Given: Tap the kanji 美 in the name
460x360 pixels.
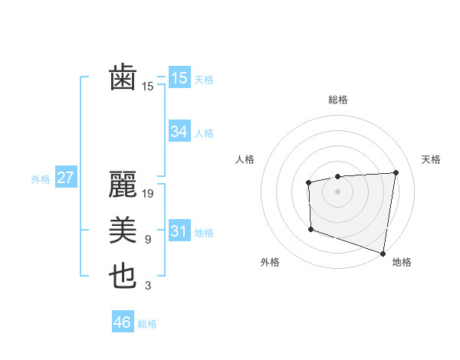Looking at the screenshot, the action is [x=123, y=231].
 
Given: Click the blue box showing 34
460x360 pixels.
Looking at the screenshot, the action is [x=179, y=132].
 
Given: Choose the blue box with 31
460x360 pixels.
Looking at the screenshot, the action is [x=179, y=231].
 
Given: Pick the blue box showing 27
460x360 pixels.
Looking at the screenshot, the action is [x=65, y=178].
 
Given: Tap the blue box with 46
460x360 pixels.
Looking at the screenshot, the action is [x=122, y=322].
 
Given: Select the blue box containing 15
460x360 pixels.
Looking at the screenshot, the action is [x=179, y=78].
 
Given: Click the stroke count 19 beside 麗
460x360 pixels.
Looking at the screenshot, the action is [x=148, y=194].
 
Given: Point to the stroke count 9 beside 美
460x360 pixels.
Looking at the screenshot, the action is [x=148, y=240].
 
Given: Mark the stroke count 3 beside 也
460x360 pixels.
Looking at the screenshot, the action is [x=148, y=286].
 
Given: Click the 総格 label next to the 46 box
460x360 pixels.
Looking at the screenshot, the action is [x=147, y=324].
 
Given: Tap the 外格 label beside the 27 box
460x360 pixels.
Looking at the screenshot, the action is [x=41, y=179].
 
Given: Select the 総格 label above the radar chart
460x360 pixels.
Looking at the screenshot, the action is [x=338, y=100].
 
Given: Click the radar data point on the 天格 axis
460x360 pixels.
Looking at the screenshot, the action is [x=396, y=172].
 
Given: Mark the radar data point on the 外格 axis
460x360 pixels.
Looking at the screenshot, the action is [x=310, y=229].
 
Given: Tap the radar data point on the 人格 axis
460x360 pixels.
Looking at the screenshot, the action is [x=308, y=182].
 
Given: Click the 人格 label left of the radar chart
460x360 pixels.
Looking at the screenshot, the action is [x=245, y=159].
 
